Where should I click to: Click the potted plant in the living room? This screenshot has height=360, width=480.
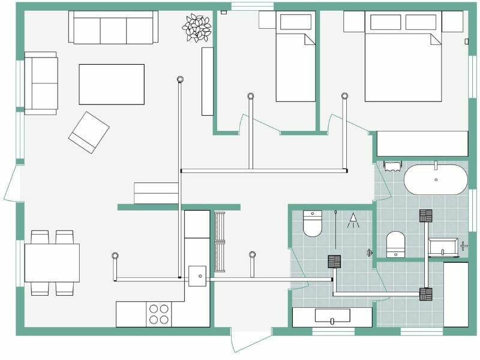pos(197,28)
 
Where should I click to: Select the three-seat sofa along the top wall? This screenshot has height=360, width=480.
pos(113,28)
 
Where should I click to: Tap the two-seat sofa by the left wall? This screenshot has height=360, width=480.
pos(41,83)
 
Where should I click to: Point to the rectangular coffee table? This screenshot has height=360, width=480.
pos(112,85)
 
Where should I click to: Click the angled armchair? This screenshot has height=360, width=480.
pos(88,132)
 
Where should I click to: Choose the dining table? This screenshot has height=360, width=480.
pos(52,263)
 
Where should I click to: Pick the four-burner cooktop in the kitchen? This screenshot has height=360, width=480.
pos(159,314)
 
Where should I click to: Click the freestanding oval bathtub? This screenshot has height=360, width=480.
pos(436,179)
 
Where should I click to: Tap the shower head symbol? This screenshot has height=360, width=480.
pos(353,220)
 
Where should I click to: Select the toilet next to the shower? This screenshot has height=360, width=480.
pos(313,223)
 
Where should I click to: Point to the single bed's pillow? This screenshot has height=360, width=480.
pos(296,22)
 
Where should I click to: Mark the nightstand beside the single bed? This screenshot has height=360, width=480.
pos(267,20)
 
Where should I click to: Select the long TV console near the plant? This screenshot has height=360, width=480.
pos(208,81)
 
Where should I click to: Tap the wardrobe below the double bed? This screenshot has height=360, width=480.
pos(422,143)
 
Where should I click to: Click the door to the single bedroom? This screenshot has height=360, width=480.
pos(258,125)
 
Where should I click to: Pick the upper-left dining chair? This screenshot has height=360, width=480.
pos(40,237)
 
